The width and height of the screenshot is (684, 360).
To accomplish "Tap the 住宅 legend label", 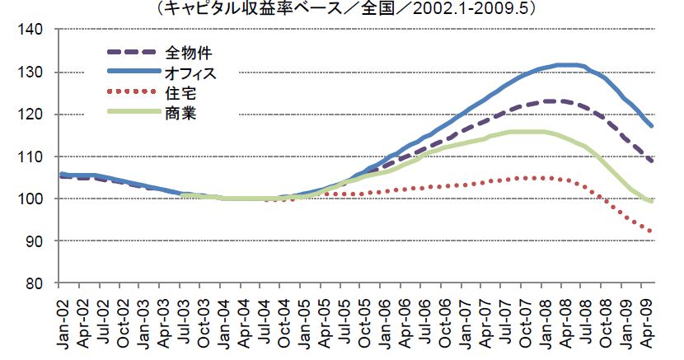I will [x=176, y=92].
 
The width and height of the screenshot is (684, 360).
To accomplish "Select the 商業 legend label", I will [x=176, y=111].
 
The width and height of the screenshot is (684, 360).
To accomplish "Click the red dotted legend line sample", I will [x=131, y=92].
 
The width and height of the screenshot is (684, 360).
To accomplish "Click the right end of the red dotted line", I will [x=653, y=231].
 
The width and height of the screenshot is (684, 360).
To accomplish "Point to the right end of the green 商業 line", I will [x=653, y=201].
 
